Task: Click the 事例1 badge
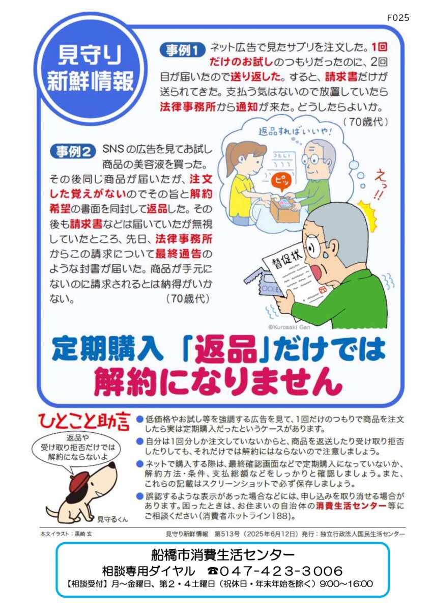coord(182,50)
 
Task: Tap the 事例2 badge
coord(73,151)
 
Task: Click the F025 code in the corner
coord(398,18)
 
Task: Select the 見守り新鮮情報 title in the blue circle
coord(90,69)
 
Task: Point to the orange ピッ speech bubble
coord(281,181)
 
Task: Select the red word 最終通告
coord(178,254)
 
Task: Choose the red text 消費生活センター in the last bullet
coord(351,506)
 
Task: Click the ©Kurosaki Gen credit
coord(289,327)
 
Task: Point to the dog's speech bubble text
coord(78,448)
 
